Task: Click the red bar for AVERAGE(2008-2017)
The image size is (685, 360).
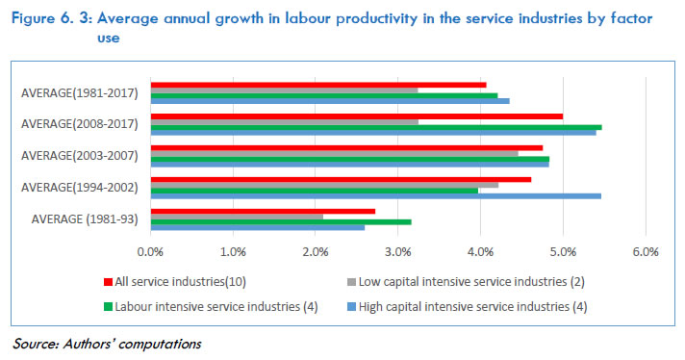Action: (x=356, y=116)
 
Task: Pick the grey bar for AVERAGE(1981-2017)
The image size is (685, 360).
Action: (x=284, y=90)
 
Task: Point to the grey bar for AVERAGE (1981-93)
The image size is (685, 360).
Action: (x=237, y=216)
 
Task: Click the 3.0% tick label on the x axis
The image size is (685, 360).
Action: (x=397, y=252)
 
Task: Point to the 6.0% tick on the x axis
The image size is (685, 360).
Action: (x=645, y=252)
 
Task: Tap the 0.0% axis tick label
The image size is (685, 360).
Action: (x=150, y=252)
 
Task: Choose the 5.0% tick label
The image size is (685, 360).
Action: (x=563, y=252)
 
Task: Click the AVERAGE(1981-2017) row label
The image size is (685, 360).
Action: (x=81, y=93)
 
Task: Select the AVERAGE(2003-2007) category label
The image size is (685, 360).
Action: (x=81, y=156)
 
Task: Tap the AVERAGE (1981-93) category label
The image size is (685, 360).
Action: (x=84, y=218)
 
